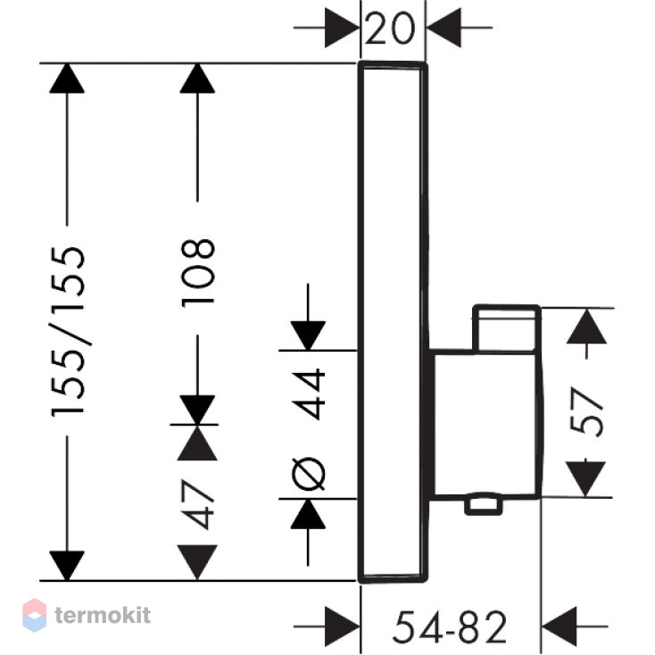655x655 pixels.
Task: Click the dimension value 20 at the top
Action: click(390, 29)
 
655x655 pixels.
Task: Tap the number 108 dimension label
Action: click(198, 273)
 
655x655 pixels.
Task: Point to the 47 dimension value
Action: click(198, 504)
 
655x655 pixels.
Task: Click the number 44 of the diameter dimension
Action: click(308, 394)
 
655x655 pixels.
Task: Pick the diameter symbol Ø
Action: click(308, 474)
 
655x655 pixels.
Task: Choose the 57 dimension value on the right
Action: click(587, 412)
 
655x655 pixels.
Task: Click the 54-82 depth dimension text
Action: click(450, 626)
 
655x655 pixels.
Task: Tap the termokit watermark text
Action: click(103, 616)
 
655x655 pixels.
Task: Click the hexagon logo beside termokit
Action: click(34, 616)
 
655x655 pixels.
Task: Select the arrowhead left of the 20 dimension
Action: click(342, 28)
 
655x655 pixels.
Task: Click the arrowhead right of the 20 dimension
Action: click(444, 28)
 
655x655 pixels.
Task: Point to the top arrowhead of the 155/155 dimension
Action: click(67, 79)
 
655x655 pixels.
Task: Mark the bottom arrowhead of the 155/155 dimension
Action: click(67, 566)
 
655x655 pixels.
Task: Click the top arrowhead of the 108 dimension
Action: click(197, 79)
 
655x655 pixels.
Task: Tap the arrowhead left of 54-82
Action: click(342, 626)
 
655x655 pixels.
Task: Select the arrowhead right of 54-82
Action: click(559, 626)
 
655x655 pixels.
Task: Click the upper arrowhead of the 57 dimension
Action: click(586, 326)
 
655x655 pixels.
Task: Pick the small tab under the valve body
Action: click(484, 504)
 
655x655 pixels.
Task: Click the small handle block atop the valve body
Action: click(506, 328)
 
